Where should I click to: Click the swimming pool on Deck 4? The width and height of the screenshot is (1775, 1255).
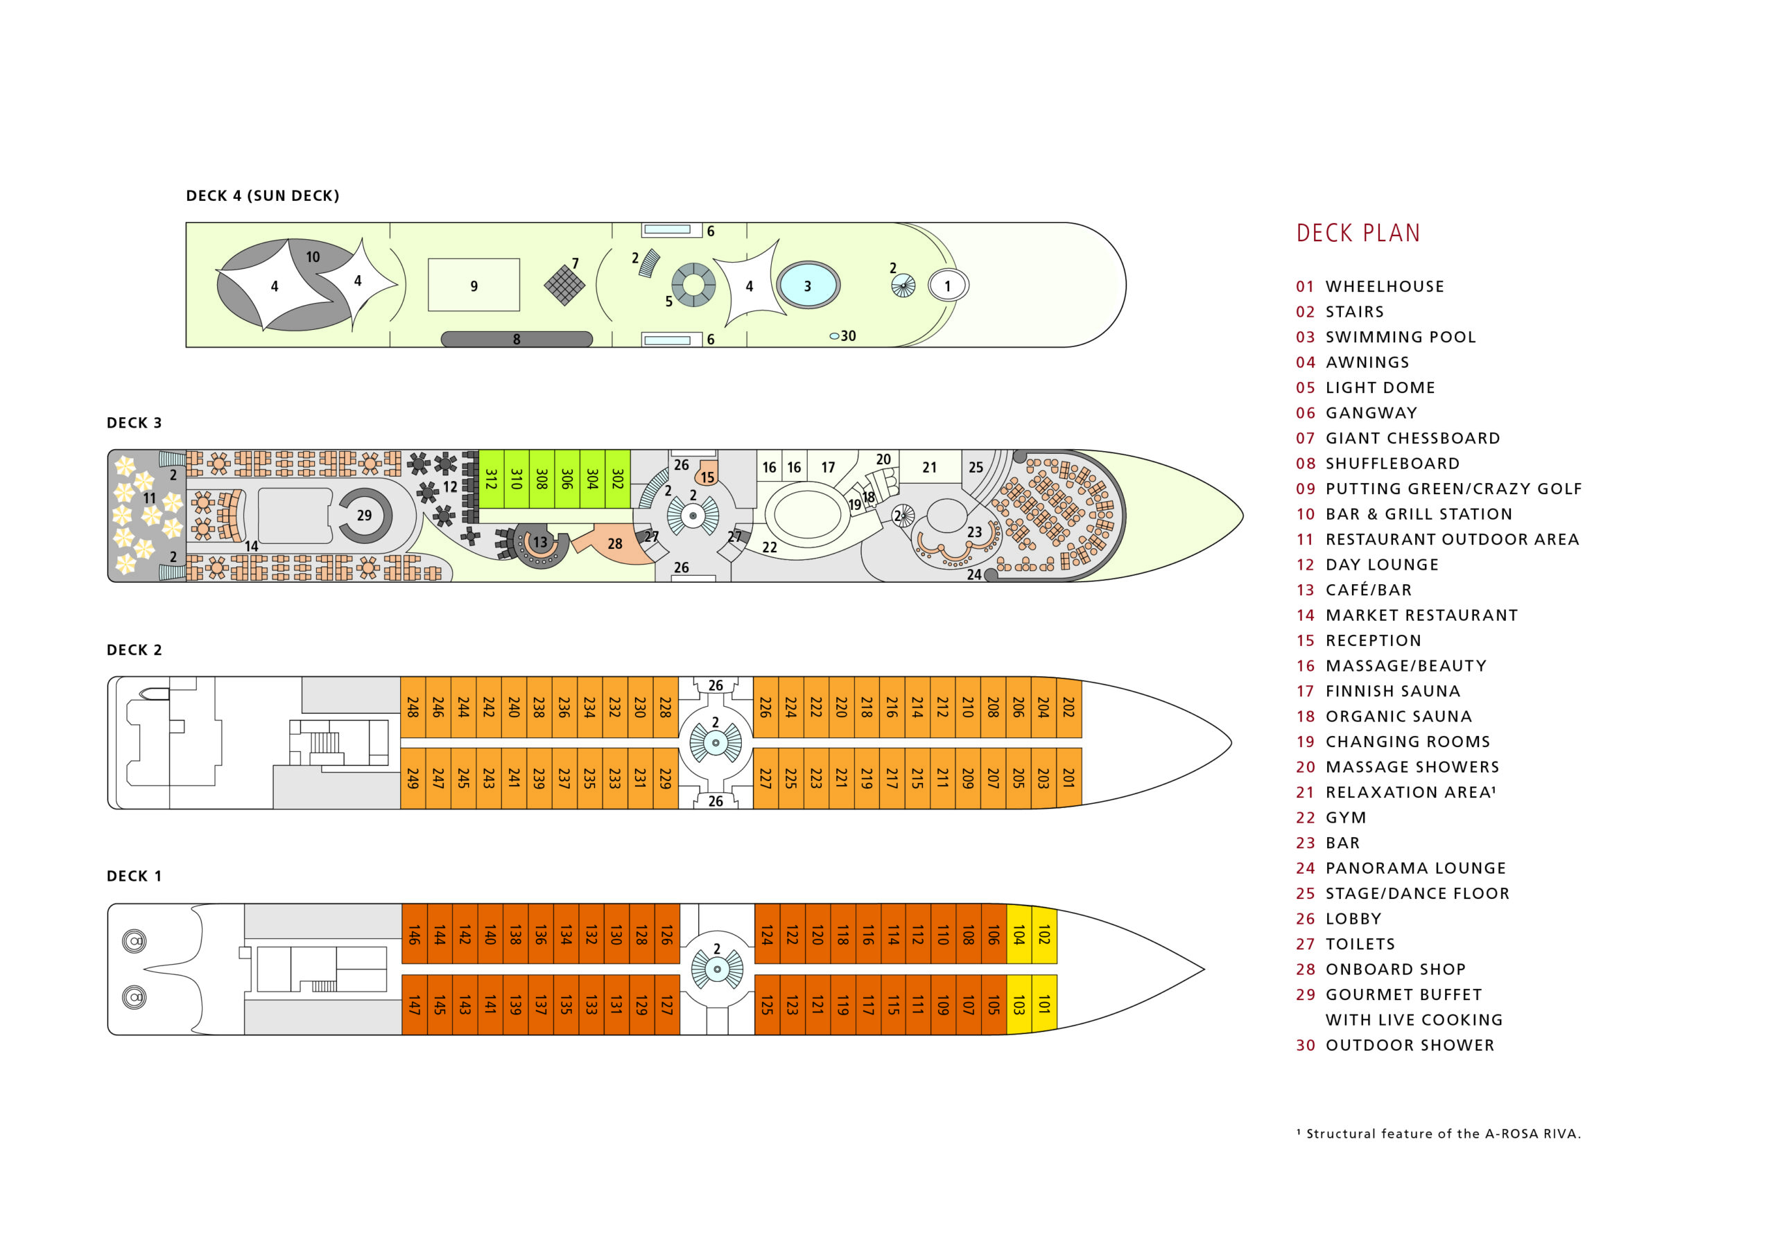pos(807,285)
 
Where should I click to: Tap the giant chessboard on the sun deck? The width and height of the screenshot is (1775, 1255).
pos(564,285)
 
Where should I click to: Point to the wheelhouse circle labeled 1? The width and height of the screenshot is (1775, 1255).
pos(947,285)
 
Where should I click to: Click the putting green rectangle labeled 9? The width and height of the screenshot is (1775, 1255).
pos(474,285)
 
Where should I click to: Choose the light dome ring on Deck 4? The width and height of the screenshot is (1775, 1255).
pos(693,285)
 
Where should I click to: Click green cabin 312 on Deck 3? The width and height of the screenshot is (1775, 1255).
pos(491,478)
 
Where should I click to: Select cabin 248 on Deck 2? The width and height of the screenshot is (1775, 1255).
pos(413,706)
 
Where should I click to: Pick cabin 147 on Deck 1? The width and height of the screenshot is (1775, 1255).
pos(415,1004)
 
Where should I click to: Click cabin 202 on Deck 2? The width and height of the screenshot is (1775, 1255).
pos(1068,706)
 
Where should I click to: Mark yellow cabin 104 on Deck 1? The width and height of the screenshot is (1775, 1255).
pos(1019,933)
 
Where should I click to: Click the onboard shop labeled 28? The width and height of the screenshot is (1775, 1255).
pos(614,544)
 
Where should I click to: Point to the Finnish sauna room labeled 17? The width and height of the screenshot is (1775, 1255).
pos(828,467)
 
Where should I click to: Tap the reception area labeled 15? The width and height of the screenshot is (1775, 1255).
pos(707,475)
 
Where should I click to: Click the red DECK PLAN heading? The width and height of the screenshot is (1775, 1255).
pos(1358,233)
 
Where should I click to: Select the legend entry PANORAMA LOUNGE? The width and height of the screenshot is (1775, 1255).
pos(1414,868)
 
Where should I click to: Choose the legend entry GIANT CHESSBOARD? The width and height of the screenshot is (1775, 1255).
pos(1412,438)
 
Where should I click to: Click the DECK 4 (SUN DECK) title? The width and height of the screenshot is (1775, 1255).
pos(262,195)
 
